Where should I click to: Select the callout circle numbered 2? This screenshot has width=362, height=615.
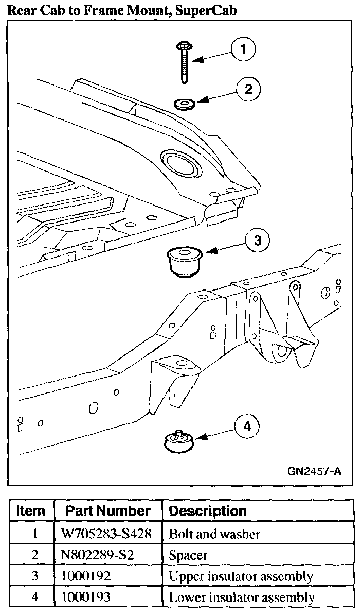point(248,89)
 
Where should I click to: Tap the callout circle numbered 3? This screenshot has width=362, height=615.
point(257,240)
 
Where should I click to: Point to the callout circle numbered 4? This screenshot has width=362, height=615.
point(247,426)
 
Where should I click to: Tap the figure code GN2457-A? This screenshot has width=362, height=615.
point(314,472)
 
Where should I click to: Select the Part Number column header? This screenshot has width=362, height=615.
point(108,511)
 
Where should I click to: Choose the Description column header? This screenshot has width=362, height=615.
point(208,511)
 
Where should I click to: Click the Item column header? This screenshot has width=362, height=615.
point(31,511)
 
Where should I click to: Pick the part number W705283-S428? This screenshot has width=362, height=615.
point(106,534)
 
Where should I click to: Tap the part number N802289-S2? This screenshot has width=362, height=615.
point(96,555)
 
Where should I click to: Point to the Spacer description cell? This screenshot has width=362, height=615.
point(188,555)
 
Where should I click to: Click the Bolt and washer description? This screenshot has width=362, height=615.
point(214,534)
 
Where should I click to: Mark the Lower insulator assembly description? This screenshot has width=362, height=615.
point(241,597)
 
